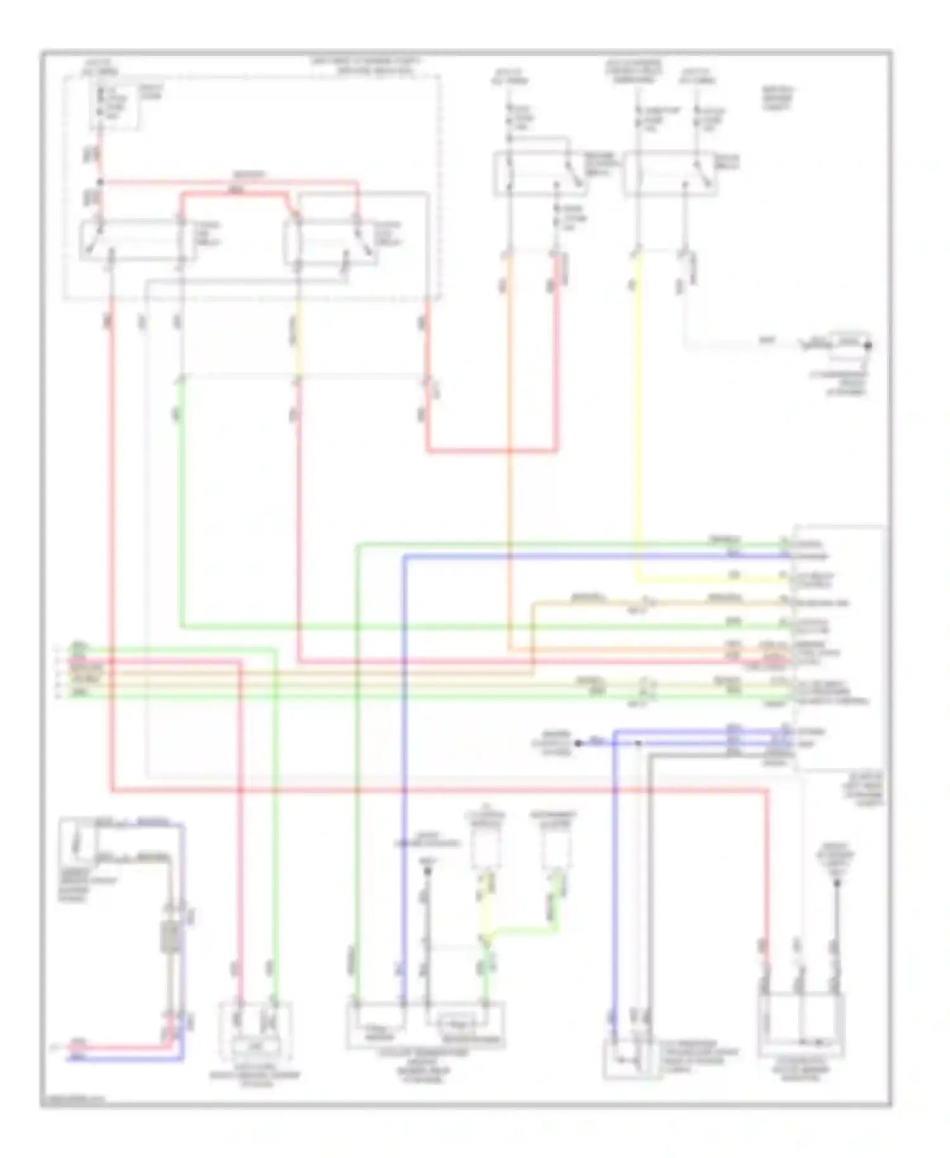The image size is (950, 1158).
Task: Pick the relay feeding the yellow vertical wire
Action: (x=670, y=172)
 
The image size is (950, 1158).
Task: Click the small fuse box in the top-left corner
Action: (x=114, y=106)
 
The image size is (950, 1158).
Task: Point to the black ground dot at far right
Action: (x=868, y=346)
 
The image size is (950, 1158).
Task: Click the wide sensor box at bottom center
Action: (x=426, y=1024)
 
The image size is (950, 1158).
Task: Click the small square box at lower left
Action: (x=77, y=841)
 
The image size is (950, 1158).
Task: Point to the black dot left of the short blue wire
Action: (x=578, y=742)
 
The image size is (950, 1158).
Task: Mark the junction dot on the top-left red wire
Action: (x=100, y=183)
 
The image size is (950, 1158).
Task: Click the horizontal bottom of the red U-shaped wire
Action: (x=492, y=451)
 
